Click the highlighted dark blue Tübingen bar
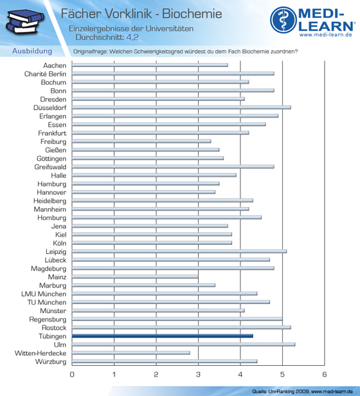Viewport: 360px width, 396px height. pyautogui.click(x=163, y=336)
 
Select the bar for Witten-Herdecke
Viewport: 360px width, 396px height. pyautogui.click(x=131, y=353)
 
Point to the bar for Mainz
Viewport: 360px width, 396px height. pyautogui.click(x=135, y=277)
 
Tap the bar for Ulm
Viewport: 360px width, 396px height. pyautogui.click(x=183, y=345)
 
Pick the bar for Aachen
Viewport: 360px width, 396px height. pyautogui.click(x=150, y=65)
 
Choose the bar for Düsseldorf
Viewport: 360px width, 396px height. pyautogui.click(x=181, y=107)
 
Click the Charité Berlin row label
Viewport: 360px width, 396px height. pyautogui.click(x=45, y=74)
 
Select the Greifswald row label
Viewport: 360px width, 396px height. pyautogui.click(x=50, y=167)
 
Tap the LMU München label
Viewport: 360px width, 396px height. pyautogui.click(x=44, y=294)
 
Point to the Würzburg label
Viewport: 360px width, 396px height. pyautogui.click(x=51, y=362)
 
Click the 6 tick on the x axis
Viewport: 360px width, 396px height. pyautogui.click(x=325, y=374)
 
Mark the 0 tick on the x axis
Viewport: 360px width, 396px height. pyautogui.click(x=72, y=374)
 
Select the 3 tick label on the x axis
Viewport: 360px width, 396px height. pyautogui.click(x=198, y=374)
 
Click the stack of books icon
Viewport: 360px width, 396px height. pyautogui.click(x=25, y=22)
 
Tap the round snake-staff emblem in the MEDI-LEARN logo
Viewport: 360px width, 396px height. pyautogui.click(x=283, y=20)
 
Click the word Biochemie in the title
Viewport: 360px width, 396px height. pyautogui.click(x=192, y=14)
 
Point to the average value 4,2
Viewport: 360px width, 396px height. pyautogui.click(x=132, y=37)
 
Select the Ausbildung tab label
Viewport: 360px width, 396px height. pyautogui.click(x=32, y=51)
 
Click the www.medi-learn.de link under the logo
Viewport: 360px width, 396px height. pyautogui.click(x=326, y=35)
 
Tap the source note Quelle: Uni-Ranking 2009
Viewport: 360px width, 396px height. pyautogui.click(x=281, y=392)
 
